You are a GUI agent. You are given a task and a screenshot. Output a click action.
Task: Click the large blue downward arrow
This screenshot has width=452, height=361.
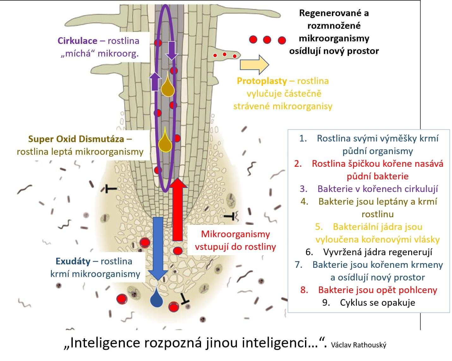point(158,246)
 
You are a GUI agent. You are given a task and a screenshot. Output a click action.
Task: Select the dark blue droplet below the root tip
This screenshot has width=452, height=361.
point(156,298)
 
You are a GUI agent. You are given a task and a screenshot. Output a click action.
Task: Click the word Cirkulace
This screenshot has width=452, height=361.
point(77,41)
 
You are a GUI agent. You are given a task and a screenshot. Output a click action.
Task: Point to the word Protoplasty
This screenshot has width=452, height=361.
point(262,81)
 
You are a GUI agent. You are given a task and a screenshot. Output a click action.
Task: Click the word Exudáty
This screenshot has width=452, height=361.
point(73,261)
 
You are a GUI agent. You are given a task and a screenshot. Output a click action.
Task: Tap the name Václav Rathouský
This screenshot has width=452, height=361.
point(358,345)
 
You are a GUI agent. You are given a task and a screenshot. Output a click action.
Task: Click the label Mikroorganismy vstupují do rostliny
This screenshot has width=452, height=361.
point(235,240)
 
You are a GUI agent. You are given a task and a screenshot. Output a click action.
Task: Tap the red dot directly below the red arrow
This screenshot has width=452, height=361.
point(178,251)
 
